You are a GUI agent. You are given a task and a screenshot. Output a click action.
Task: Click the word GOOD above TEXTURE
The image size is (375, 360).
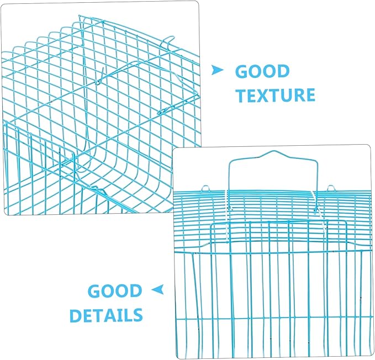point(262,71)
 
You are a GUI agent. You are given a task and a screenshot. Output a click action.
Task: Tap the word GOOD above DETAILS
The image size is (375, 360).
point(115,290)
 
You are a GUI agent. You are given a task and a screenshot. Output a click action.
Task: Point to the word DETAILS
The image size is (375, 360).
point(106,315)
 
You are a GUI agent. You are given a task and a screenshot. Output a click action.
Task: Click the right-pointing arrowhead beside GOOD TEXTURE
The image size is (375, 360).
point(217,70)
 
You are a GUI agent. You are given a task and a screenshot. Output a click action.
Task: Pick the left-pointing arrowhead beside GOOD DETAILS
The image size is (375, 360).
point(157,289)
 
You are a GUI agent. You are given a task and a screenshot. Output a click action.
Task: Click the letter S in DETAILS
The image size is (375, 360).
point(137,315)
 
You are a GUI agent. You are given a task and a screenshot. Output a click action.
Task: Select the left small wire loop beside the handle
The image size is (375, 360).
point(205,188)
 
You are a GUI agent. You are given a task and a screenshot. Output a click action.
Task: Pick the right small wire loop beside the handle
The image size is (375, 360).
point(330,188)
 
